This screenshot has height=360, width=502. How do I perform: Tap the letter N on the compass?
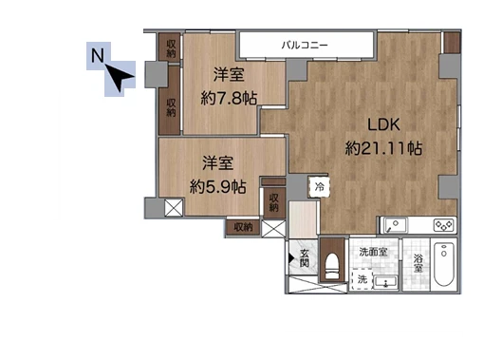[98, 55]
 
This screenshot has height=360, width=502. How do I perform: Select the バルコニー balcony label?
[305, 46]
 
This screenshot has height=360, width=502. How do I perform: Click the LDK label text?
[383, 124]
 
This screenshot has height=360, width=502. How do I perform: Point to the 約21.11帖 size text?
[383, 148]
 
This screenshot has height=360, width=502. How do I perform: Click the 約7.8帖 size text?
[229, 98]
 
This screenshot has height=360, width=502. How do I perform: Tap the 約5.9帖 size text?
[218, 186]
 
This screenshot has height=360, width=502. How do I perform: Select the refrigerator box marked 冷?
[319, 187]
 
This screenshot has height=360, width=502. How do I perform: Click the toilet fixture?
[332, 266]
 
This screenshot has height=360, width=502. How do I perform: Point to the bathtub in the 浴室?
[444, 264]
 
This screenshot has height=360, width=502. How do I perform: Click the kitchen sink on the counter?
[396, 225]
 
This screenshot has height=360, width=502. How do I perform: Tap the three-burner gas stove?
[444, 225]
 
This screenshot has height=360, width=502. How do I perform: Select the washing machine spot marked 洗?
[362, 279]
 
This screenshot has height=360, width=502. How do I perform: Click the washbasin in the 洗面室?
[386, 283]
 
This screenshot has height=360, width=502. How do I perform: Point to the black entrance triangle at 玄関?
[291, 258]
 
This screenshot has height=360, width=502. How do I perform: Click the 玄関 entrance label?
[305, 258]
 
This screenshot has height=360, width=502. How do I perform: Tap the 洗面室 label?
[373, 252]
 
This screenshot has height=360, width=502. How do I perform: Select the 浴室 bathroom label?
[418, 263]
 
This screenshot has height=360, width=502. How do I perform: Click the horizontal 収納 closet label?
[243, 227]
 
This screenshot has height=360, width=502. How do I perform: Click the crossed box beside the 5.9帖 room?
[174, 207]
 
